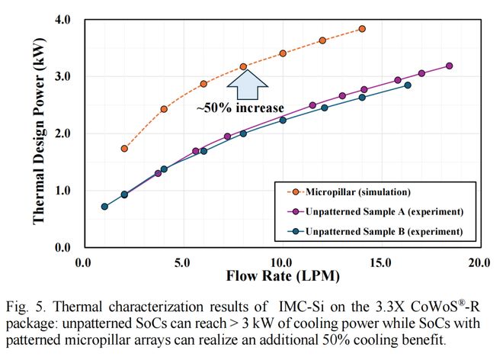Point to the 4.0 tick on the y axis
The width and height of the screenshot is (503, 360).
point(63,19)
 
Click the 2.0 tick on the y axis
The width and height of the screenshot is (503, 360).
point(63,133)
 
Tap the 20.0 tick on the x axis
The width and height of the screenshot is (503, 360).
point(479,262)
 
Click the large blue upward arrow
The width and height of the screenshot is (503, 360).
point(244,82)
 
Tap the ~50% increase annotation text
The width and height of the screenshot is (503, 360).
point(240,108)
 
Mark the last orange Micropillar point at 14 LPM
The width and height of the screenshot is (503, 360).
point(362,29)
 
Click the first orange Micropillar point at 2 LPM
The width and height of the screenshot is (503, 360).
point(124,149)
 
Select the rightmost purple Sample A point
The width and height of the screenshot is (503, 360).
point(450,66)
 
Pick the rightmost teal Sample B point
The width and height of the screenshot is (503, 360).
point(408,85)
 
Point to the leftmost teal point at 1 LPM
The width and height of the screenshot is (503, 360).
point(104,207)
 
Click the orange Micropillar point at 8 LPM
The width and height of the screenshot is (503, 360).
point(243,67)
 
